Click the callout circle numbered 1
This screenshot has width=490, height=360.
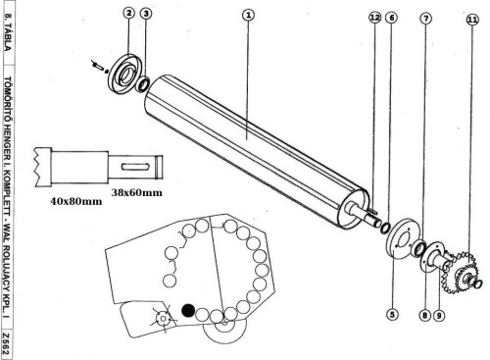pyautogui.click(x=249, y=15)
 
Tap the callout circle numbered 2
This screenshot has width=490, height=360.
pyautogui.click(x=129, y=13)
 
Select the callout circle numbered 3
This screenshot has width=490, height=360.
pyautogui.click(x=146, y=14)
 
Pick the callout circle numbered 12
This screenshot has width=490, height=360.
pyautogui.click(x=374, y=17)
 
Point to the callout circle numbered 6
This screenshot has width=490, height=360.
pyautogui.click(x=391, y=18)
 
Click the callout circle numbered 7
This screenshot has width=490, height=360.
pyautogui.click(x=425, y=19)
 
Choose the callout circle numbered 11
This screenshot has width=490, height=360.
pyautogui.click(x=472, y=20)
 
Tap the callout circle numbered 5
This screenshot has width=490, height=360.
pyautogui.click(x=392, y=315)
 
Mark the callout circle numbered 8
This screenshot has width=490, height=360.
pyautogui.click(x=424, y=315)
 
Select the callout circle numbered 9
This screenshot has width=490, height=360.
pyautogui.click(x=439, y=316)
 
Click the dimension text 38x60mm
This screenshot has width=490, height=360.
pyautogui.click(x=137, y=192)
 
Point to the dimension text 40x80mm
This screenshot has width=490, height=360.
pyautogui.click(x=76, y=201)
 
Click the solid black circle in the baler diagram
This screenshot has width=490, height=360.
pyautogui.click(x=188, y=311)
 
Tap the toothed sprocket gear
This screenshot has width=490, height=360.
pyautogui.click(x=462, y=272)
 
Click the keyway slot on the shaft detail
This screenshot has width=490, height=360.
pyautogui.click(x=135, y=167)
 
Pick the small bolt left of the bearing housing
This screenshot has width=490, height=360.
pyautogui.click(x=98, y=66)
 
